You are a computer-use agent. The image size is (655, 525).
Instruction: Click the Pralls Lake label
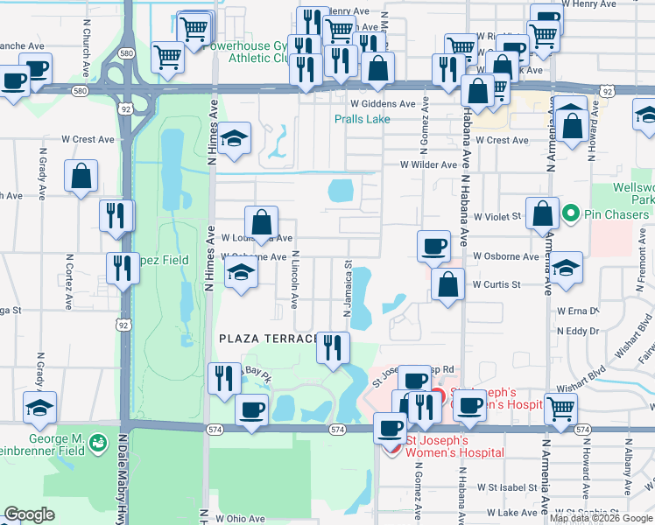tap(362, 119)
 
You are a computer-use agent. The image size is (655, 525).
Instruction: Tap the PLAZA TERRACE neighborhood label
tap(267, 339)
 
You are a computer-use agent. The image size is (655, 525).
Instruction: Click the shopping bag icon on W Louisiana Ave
tap(261, 223)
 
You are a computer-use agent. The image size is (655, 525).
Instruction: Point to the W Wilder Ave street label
tap(429, 164)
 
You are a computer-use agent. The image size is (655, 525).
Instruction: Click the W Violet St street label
tap(497, 215)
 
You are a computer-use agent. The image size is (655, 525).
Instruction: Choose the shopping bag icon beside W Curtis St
tap(448, 285)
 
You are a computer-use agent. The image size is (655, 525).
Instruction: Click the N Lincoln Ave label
tap(295, 280)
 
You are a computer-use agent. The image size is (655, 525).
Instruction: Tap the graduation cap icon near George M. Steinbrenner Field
tap(39, 409)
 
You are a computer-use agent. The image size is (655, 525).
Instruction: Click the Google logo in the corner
tap(29, 514)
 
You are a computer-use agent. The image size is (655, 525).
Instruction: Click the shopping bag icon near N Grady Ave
tap(81, 178)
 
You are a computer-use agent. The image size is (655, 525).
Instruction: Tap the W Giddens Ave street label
tap(383, 103)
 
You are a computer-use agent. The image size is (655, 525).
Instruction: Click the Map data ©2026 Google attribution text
tap(600, 518)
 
